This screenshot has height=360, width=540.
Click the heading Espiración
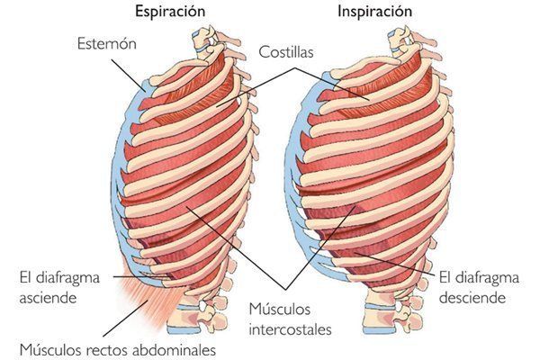tap(170, 12)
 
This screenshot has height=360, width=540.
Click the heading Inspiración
tap(374, 12)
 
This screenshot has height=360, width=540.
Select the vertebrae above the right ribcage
tap(396, 40)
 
